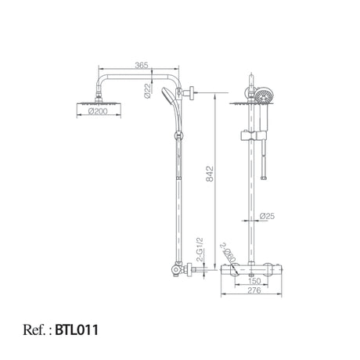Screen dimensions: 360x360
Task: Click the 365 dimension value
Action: (x=142, y=65)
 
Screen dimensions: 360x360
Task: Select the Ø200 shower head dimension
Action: (x=98, y=111)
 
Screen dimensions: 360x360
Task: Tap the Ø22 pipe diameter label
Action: (x=148, y=92)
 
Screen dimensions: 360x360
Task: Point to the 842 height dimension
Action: (x=210, y=174)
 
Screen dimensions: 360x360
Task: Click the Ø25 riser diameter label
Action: (x=267, y=216)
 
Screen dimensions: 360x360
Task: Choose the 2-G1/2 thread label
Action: (x=200, y=250)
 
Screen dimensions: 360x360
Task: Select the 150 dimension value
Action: (x=254, y=281)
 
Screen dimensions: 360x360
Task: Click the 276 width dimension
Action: (x=254, y=290)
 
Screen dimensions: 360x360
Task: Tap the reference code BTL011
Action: (x=77, y=329)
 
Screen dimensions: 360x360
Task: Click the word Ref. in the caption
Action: (x=34, y=329)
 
